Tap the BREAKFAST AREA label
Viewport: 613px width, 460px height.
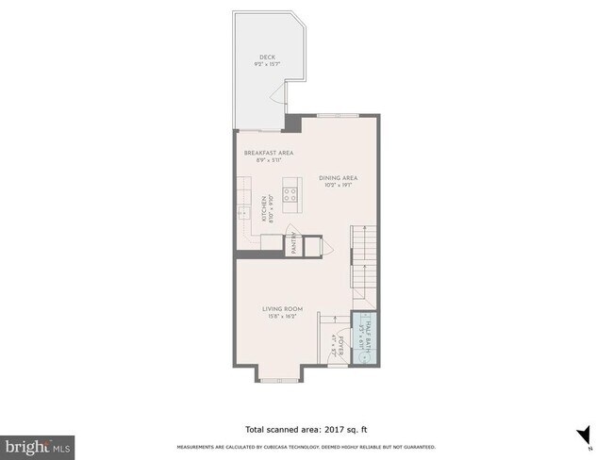click(269, 153)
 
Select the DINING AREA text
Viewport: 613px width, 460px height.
click(338, 177)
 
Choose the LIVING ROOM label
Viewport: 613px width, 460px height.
click(282, 309)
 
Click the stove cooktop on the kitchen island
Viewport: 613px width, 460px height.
click(291, 197)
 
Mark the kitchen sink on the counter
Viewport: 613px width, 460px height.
click(242, 212)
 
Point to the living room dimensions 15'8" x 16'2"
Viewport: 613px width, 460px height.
click(282, 317)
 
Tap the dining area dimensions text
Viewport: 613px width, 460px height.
click(338, 185)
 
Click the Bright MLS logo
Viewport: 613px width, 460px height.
click(38, 443)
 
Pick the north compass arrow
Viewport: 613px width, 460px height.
click(583, 435)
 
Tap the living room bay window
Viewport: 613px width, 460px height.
click(278, 381)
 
